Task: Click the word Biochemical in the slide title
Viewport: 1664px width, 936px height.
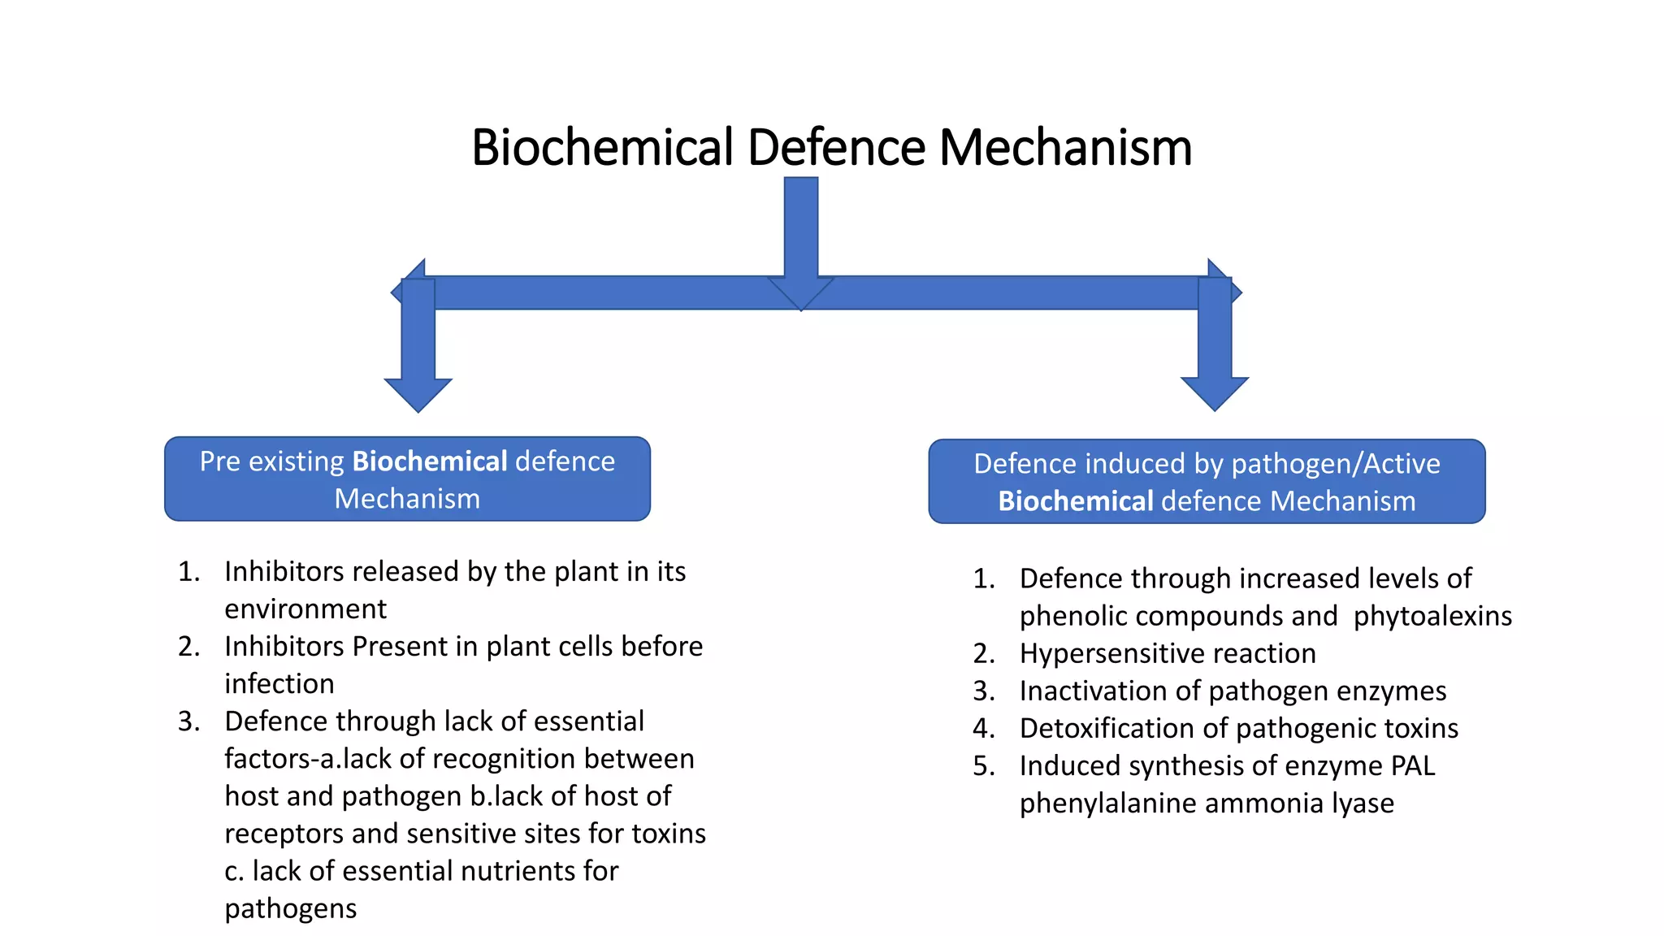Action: point(602,148)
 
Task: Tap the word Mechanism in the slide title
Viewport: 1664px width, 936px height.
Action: point(1065,148)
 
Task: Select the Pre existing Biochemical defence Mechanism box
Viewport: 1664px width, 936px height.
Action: point(407,479)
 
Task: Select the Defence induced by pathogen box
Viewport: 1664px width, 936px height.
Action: point(1207,482)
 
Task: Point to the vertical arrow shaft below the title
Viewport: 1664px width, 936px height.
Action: point(801,227)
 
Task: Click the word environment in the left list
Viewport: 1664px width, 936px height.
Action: point(305,609)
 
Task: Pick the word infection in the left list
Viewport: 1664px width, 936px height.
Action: point(279,684)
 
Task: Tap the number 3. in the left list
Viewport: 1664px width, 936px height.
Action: point(189,721)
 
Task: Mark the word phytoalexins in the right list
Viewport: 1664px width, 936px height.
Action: point(1432,616)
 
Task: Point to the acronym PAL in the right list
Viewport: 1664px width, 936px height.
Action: point(1413,765)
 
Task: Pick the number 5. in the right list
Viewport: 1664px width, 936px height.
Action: point(984,765)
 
